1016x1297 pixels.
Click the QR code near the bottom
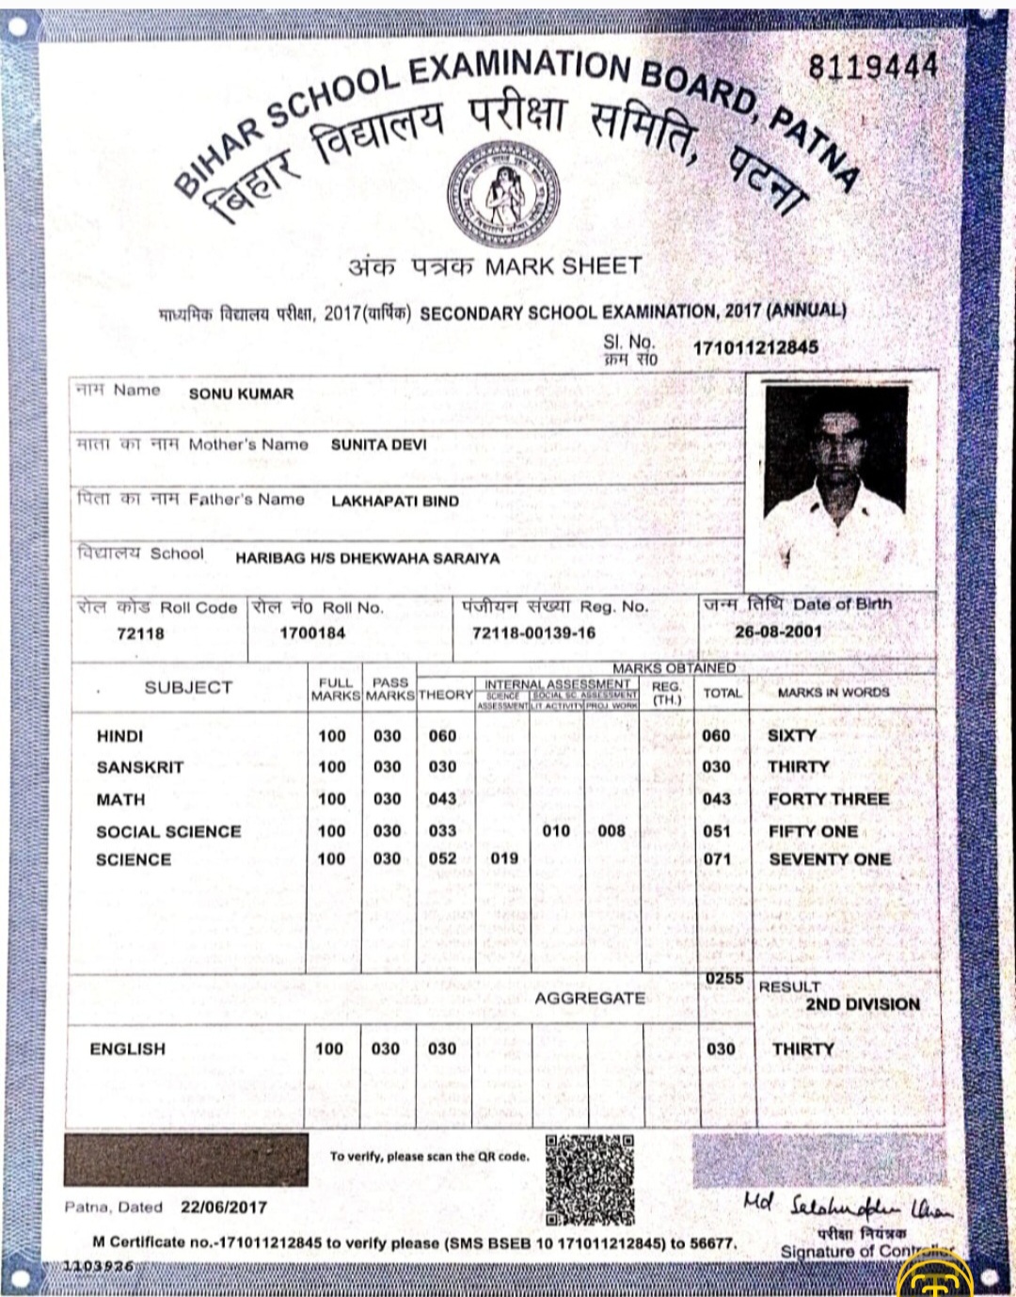(590, 1179)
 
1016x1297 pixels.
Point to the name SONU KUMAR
(241, 393)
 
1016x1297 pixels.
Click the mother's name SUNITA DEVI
(378, 444)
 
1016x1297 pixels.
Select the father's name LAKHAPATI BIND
(394, 501)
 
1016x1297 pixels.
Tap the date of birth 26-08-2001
(778, 632)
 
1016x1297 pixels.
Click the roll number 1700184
(312, 633)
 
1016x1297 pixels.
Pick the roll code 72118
(140, 633)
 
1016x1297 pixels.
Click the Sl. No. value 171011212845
(755, 347)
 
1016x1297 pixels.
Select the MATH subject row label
(120, 799)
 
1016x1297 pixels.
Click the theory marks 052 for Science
(442, 858)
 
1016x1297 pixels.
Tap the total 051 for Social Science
(717, 831)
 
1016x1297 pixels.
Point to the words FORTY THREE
(828, 799)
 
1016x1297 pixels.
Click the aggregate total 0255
(724, 979)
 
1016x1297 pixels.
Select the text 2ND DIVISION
(862, 1004)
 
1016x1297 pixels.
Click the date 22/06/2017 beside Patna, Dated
(224, 1207)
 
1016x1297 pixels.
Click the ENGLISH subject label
(127, 1049)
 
